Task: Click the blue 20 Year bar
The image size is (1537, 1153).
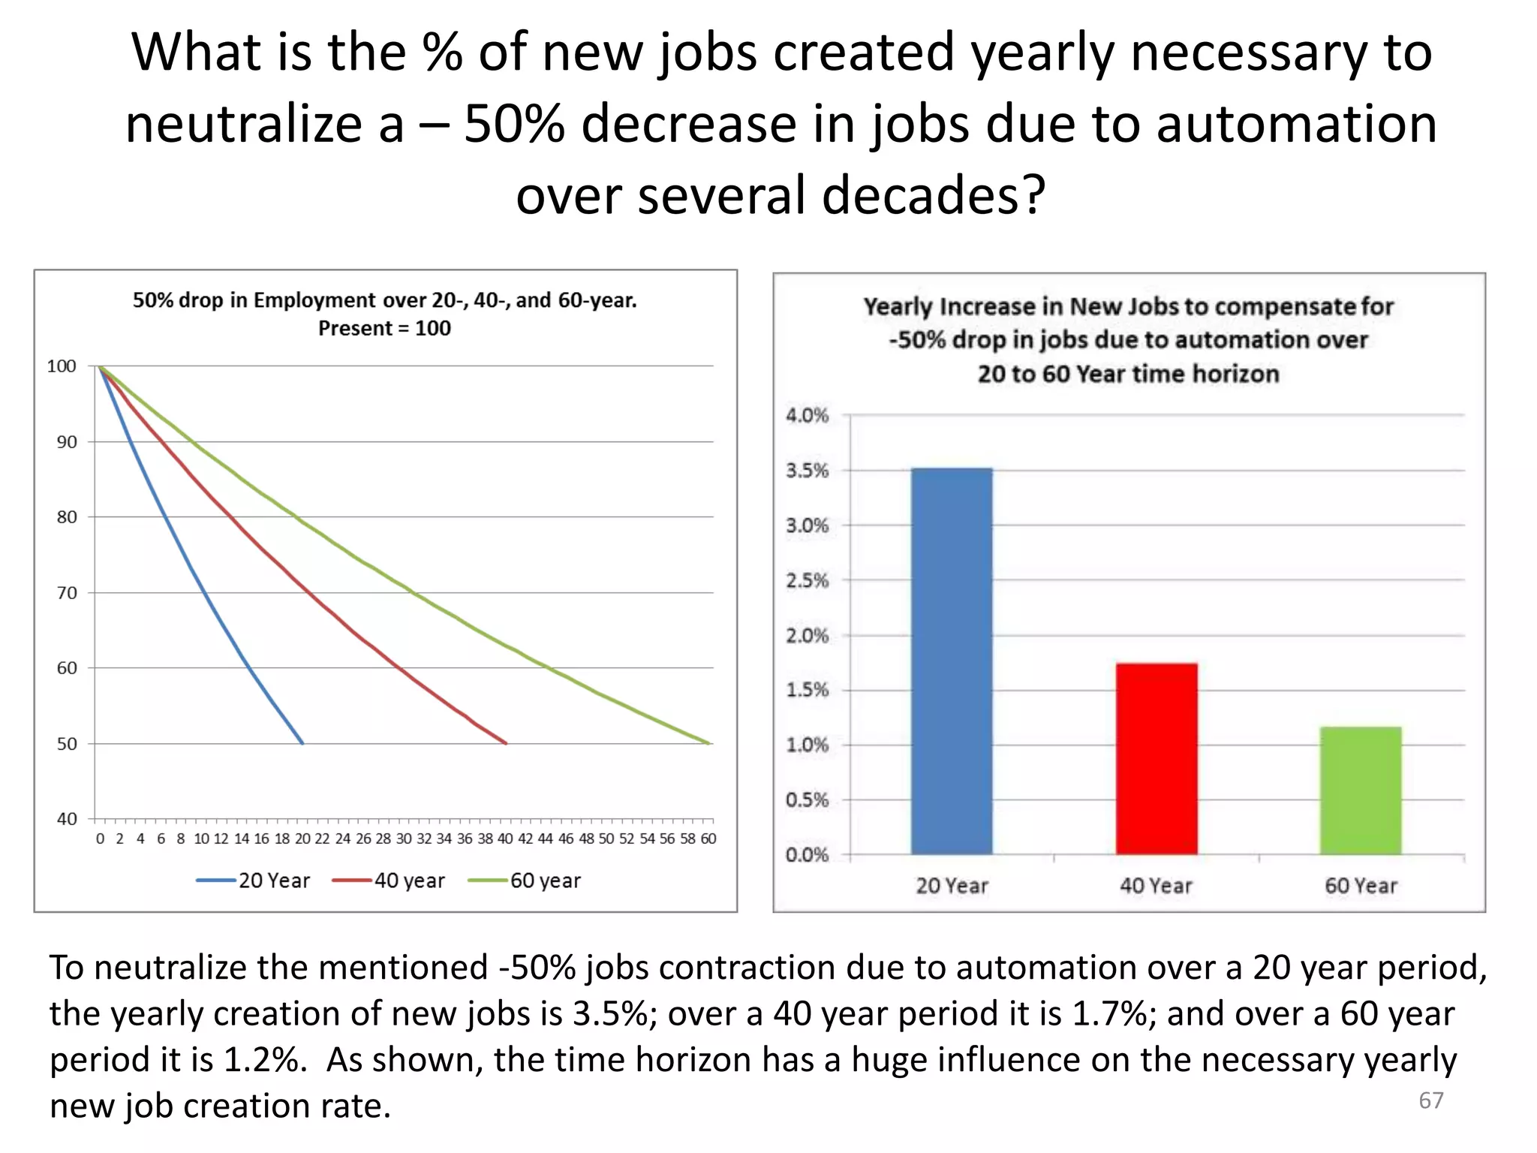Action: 952,661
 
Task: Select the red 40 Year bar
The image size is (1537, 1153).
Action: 1156,758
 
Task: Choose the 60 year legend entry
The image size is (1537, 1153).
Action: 525,881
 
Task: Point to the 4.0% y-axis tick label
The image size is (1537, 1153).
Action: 807,415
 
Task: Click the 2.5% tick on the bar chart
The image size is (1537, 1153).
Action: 807,580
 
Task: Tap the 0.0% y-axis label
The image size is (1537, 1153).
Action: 807,855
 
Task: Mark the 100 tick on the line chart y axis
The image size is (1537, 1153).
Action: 62,366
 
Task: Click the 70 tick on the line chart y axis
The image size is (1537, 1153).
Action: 67,593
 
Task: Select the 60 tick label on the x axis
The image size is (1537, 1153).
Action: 708,838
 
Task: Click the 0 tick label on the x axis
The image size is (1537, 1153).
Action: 100,838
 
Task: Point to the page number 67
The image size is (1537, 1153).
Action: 1430,1100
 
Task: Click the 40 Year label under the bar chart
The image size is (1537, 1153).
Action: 1156,886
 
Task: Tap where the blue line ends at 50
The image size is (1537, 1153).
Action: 302,743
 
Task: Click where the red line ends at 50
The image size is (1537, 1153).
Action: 506,743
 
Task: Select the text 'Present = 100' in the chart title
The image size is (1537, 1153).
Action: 384,328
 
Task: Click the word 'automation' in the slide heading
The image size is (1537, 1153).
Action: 1296,124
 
